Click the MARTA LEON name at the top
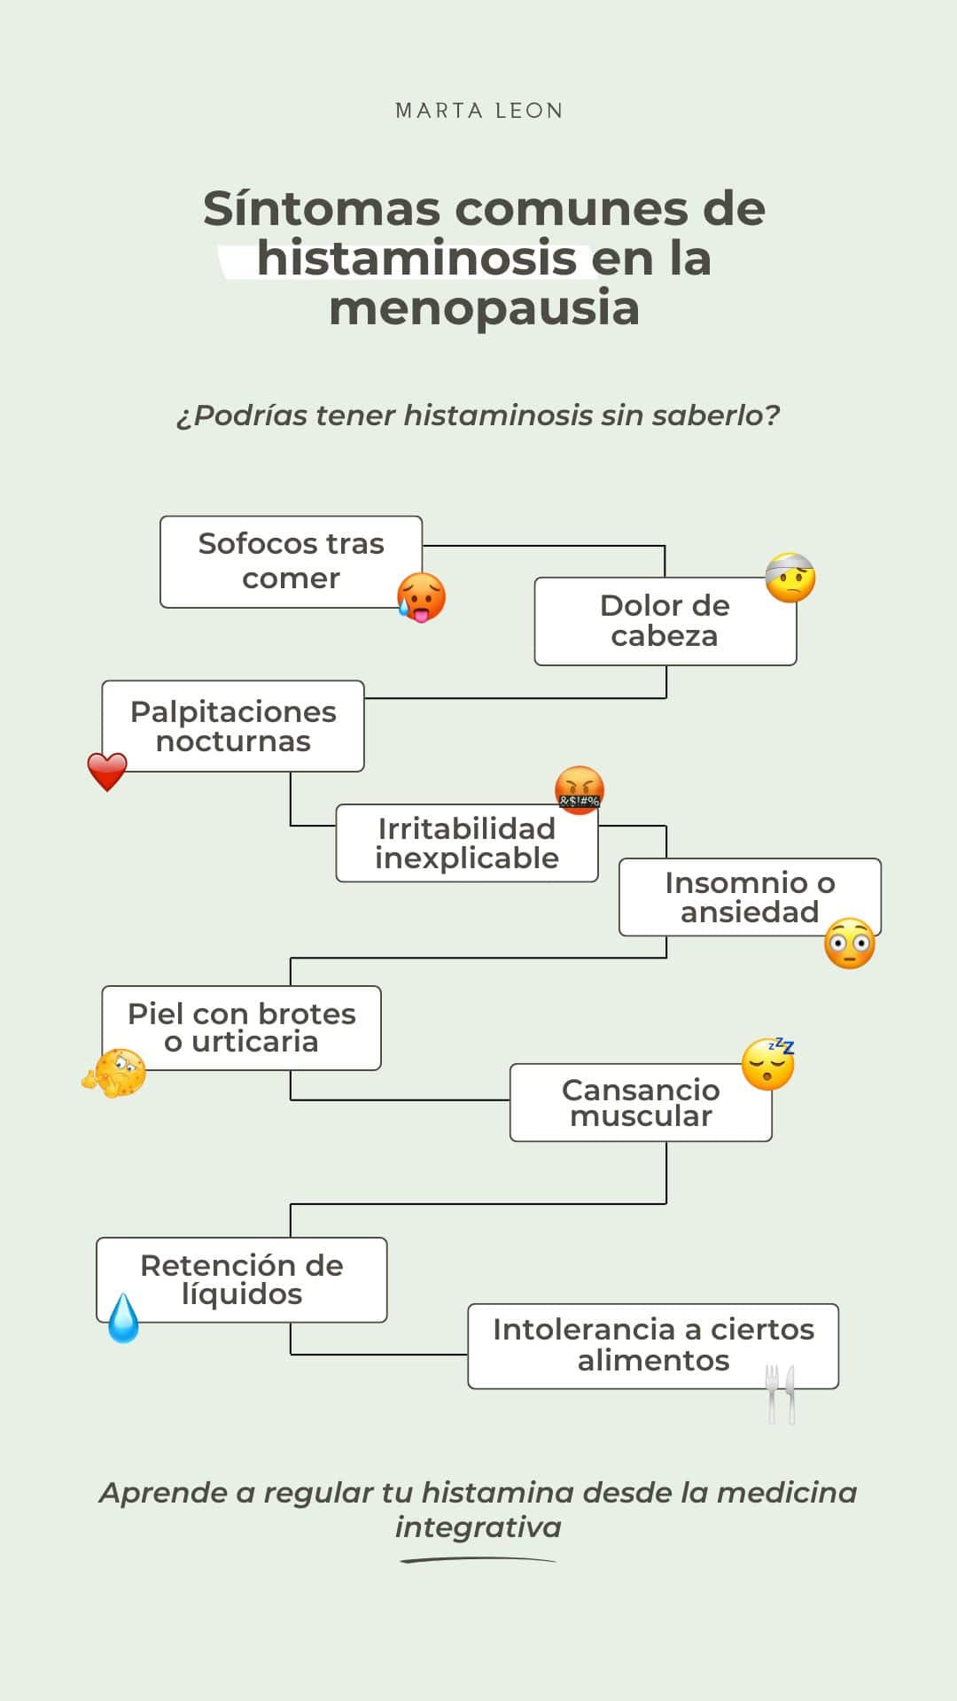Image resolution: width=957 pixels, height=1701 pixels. [478, 111]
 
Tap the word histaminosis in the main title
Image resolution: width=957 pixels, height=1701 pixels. [416, 259]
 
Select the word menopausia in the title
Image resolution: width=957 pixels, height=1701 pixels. [484, 308]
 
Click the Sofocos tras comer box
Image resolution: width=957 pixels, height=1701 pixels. [291, 561]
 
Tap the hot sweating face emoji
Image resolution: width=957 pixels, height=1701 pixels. [422, 597]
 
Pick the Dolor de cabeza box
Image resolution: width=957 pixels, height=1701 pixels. [665, 620]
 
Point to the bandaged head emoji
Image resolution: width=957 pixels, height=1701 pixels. [790, 578]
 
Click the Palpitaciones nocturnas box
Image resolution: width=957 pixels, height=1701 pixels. [233, 726]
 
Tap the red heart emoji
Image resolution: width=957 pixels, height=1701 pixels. [107, 772]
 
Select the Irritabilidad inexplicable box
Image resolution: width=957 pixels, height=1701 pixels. [466, 843]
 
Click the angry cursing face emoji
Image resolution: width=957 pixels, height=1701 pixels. [580, 790]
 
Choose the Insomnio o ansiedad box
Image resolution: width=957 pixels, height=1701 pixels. [750, 897]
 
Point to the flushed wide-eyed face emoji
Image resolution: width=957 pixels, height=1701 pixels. [850, 944]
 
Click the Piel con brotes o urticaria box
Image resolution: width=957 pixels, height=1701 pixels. [241, 1028]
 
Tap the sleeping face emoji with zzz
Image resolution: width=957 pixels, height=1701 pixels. [768, 1063]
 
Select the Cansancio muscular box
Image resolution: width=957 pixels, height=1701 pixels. [641, 1102]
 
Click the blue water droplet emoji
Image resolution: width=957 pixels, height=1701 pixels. [123, 1318]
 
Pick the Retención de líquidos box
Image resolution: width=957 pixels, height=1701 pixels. [241, 1279]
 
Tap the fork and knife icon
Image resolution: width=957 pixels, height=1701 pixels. [781, 1394]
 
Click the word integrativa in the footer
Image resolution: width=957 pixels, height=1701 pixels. [478, 1527]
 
